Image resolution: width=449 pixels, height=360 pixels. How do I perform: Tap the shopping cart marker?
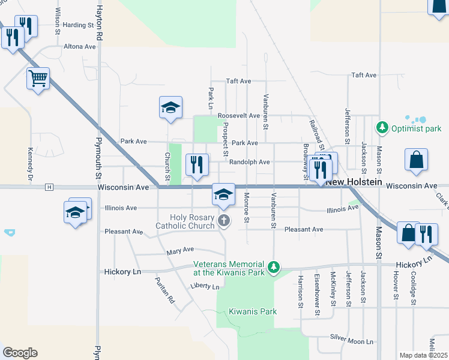point(38,78)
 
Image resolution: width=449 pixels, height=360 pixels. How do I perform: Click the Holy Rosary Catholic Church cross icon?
point(223,221)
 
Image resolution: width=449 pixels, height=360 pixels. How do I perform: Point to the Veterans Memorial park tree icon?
point(274,266)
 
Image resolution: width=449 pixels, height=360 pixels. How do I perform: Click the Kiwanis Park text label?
point(253,311)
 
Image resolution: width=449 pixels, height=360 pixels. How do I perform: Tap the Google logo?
point(20,353)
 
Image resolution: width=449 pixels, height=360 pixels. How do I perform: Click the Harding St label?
point(79,25)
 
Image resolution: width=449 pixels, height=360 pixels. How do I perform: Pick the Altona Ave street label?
point(80,46)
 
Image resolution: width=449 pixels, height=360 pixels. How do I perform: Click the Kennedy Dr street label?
point(29,164)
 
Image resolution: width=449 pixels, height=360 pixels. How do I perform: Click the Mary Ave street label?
point(181,249)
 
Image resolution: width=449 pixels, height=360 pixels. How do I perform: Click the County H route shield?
point(49,187)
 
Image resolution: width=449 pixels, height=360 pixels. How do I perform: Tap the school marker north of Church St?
point(170,108)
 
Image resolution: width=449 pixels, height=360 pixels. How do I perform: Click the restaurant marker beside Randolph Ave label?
point(197,164)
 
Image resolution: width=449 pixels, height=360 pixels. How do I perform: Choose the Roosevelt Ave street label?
point(238,115)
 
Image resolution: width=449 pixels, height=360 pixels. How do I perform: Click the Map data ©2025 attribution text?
point(423,355)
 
